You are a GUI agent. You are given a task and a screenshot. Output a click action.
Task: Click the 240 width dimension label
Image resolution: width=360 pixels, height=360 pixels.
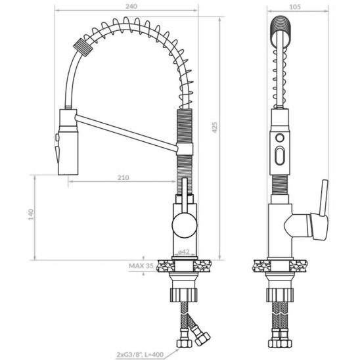coord(131,6)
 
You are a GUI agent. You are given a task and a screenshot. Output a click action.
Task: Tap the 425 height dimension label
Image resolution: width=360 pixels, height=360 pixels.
coord(214,127)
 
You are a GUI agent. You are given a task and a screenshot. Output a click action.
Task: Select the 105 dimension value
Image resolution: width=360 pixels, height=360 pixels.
coord(295,7)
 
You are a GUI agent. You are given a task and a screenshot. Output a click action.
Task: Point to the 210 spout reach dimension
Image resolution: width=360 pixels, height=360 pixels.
coord(124,177)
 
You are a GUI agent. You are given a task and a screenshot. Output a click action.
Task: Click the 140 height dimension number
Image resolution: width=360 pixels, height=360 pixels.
coord(31,214)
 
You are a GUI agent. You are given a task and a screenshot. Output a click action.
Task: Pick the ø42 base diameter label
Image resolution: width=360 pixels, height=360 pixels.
coord(184,252)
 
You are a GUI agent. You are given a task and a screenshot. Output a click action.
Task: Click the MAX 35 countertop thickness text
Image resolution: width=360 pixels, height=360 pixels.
coord(141,266)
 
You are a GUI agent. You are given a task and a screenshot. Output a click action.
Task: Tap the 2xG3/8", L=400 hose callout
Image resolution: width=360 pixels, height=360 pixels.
coord(140,355)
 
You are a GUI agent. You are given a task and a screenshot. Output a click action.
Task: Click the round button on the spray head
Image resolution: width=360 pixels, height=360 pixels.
coord(280,137)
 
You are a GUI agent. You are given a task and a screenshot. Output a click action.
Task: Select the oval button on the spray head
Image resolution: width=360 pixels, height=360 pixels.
coord(280,156)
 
